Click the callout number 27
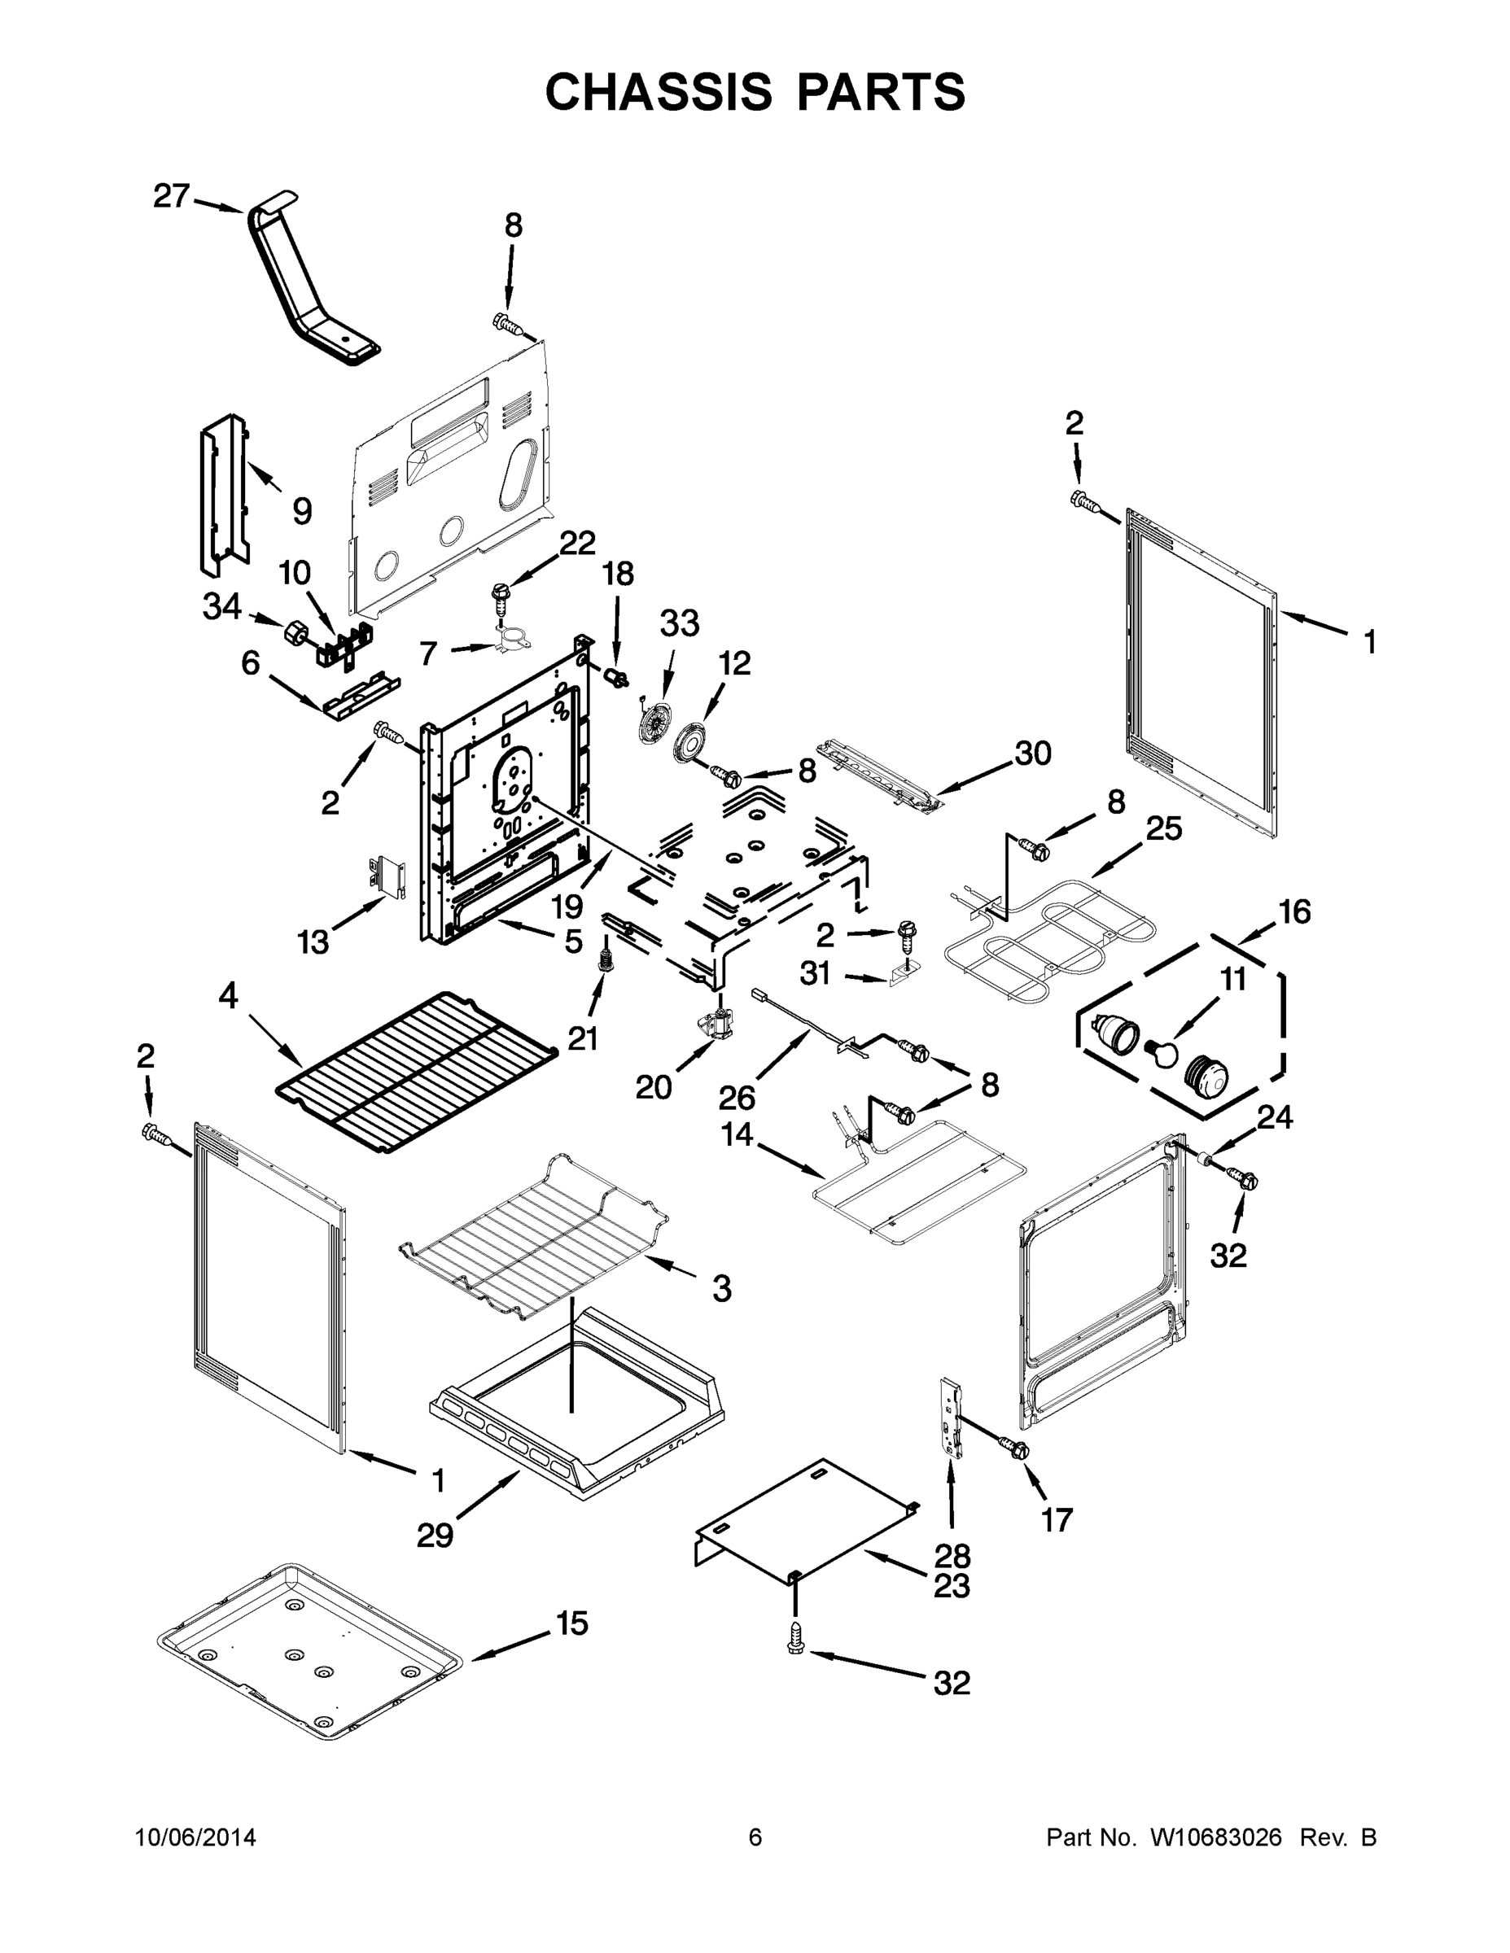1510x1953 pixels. pos(171,196)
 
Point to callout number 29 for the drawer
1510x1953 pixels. pos(435,1536)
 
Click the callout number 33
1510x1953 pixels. pos(680,623)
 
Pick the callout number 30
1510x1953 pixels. pos(1033,753)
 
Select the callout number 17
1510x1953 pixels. pos(1057,1519)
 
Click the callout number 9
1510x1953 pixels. pos(302,512)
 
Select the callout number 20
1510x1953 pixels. pos(653,1087)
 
